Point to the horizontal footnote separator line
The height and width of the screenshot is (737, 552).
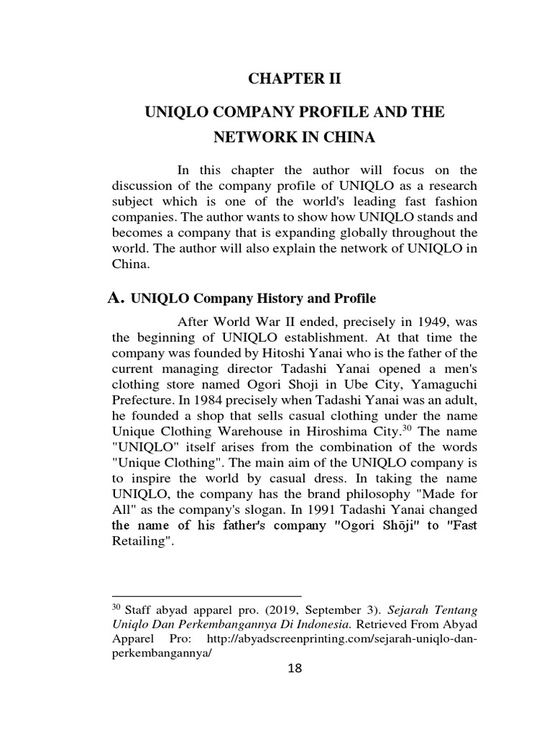(207, 597)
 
